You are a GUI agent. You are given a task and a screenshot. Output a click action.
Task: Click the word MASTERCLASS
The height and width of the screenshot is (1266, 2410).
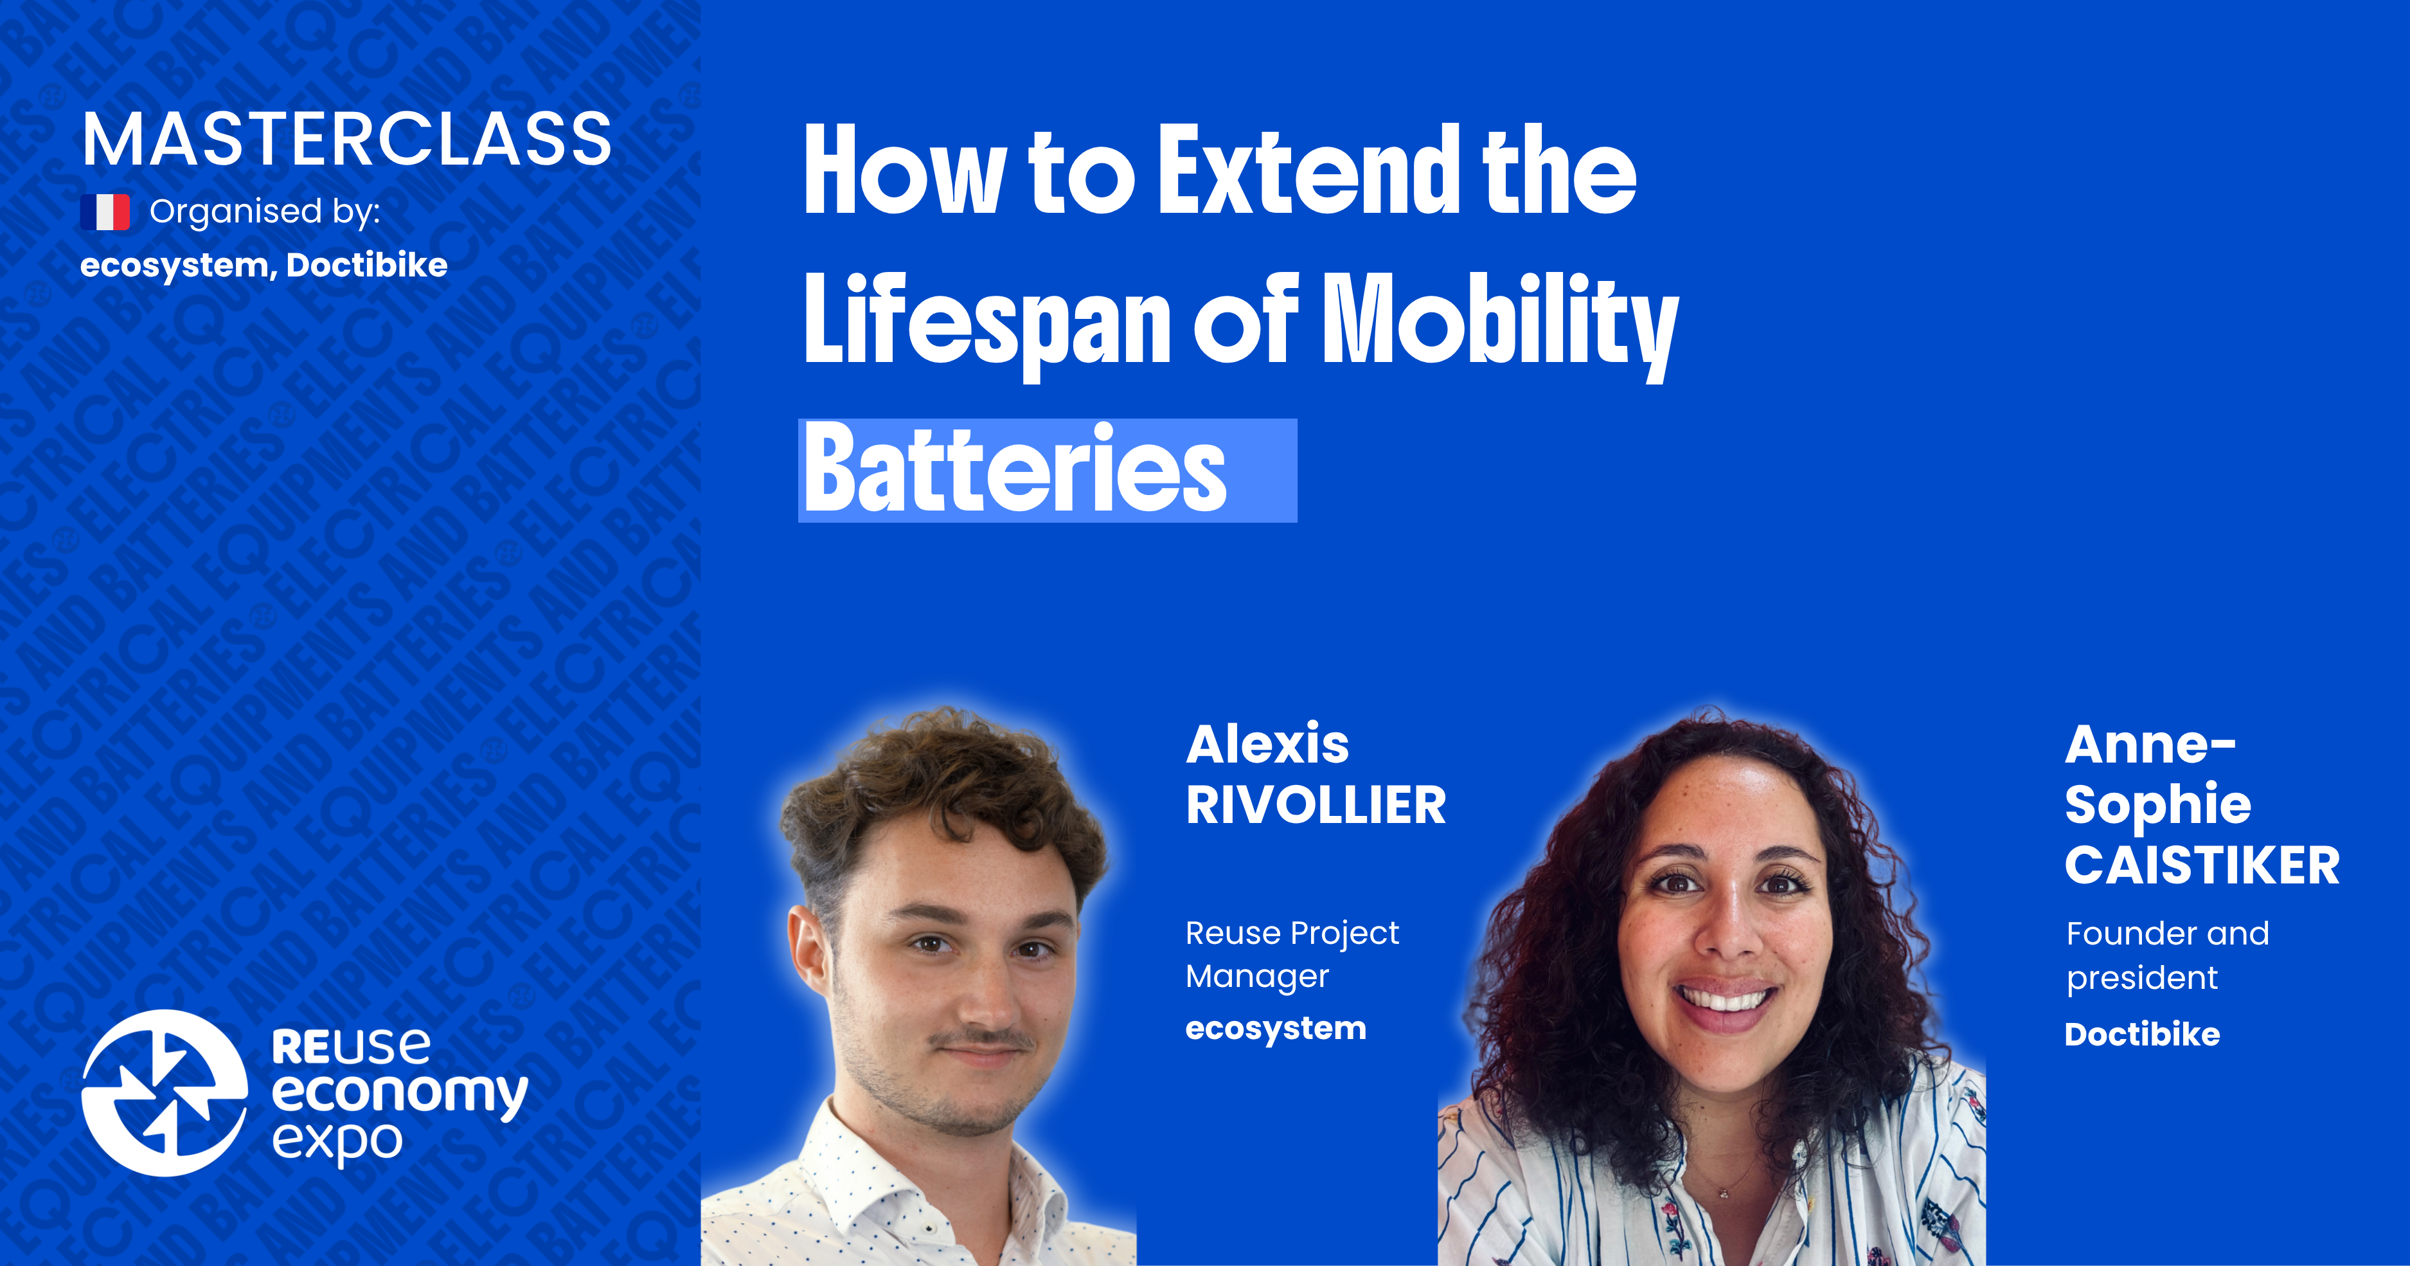tap(346, 140)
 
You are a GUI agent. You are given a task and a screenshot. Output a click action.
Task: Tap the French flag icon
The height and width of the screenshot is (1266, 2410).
tap(105, 212)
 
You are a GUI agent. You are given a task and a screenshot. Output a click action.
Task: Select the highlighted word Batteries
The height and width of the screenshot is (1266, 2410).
tap(1015, 470)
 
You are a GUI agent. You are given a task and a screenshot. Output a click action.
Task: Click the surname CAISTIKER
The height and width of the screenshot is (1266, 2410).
tap(2201, 865)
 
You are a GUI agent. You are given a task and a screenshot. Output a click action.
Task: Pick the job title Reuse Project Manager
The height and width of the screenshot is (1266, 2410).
tap(1291, 954)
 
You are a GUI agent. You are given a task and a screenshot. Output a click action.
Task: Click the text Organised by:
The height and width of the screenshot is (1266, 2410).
tap(265, 212)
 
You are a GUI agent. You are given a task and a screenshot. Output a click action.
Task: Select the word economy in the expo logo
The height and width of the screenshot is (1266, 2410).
tap(400, 1093)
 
